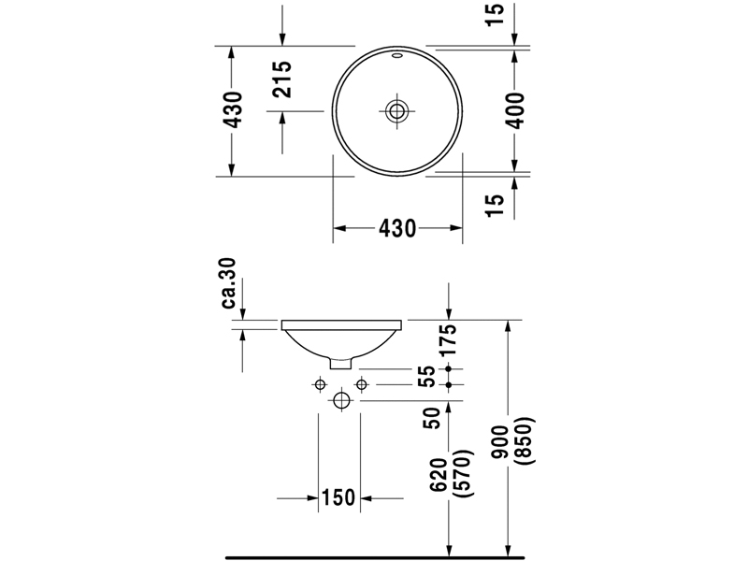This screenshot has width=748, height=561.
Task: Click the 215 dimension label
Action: [x=284, y=79]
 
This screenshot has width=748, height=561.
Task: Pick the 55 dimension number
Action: [x=427, y=376]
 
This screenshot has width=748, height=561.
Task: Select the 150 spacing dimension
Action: [x=338, y=497]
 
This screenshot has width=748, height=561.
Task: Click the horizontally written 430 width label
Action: [x=398, y=228]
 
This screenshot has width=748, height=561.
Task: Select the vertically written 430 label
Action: [x=233, y=110]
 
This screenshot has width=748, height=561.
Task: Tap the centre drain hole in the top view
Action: [x=398, y=110]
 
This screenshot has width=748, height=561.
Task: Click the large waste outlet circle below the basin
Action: [x=341, y=400]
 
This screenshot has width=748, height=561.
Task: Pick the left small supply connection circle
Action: [x=320, y=383]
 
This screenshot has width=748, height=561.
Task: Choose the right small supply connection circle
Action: [x=360, y=383]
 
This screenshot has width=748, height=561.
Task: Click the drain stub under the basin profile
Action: [x=342, y=362]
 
